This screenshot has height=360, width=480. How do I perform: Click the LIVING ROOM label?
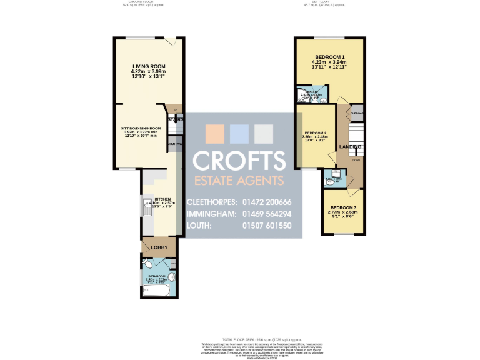pos(148,66)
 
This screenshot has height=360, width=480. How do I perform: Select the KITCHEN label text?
pos(162,199)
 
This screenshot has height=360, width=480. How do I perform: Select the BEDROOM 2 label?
pos(316,133)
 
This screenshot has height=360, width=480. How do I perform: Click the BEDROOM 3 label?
pos(343,207)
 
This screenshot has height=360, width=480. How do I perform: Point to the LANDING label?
pos(349,147)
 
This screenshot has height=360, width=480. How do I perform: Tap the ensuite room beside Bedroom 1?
pos(309,95)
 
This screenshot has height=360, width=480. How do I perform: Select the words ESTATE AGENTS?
pos(238,181)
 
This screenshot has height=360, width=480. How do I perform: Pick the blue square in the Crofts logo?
pos(239,134)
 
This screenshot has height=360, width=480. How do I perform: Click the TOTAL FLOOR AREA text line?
pos(240,337)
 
